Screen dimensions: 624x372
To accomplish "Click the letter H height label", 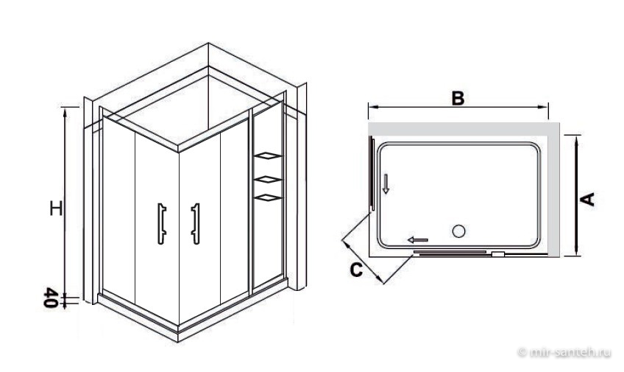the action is pyautogui.click(x=56, y=208).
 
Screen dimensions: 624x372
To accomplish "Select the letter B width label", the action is pyautogui.click(x=458, y=98).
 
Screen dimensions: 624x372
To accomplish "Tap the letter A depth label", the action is pyautogui.click(x=587, y=199).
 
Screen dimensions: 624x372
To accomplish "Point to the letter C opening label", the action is pyautogui.click(x=357, y=270).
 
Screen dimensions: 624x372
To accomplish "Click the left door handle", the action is pyautogui.click(x=162, y=223).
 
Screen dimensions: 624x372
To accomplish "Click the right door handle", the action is pyautogui.click(x=196, y=223).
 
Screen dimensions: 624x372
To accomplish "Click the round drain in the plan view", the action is pyautogui.click(x=459, y=231).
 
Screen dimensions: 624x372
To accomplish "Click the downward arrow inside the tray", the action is pyautogui.click(x=386, y=183).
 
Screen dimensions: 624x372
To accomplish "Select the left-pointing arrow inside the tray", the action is pyautogui.click(x=418, y=239).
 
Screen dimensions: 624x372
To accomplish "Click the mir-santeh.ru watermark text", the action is pyautogui.click(x=565, y=351).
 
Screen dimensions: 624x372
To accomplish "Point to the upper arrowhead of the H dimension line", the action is pyautogui.click(x=65, y=111).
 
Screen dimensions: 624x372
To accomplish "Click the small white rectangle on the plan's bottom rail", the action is pyautogui.click(x=498, y=253).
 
